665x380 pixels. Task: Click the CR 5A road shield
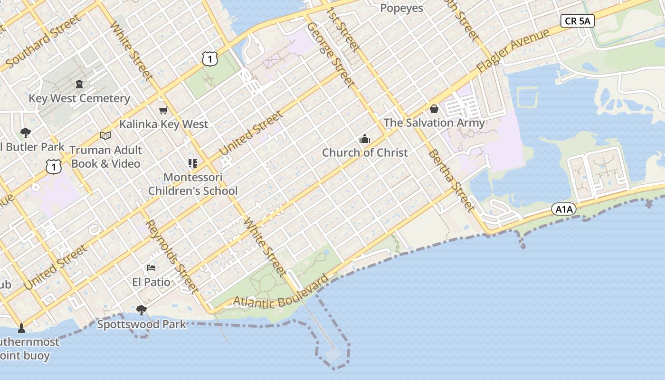577,21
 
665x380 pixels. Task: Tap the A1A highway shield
564,209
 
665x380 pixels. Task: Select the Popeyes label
402,8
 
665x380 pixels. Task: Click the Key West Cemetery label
79,98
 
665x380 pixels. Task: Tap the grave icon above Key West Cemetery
79,84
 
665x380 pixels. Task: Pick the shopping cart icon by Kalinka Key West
163,111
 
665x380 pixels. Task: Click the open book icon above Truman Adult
105,136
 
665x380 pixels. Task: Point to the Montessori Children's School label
192,184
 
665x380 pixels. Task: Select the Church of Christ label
365,152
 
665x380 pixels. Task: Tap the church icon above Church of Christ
365,139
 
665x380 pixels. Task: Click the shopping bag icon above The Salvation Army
434,109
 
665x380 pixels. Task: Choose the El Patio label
151,282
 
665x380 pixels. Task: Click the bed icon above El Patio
151,268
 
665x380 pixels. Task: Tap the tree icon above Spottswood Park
141,310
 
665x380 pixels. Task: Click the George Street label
331,55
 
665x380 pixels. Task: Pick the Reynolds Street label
171,256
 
